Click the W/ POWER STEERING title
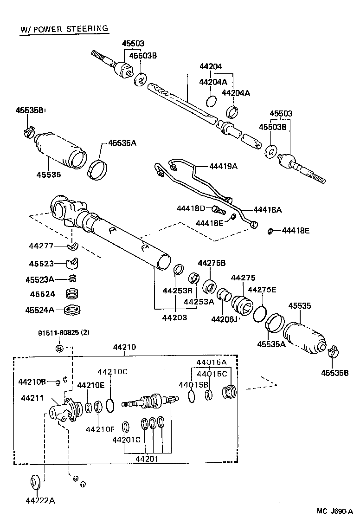point(64,29)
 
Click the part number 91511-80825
point(58,333)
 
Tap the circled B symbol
point(59,348)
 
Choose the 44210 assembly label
point(124,347)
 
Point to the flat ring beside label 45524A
point(72,309)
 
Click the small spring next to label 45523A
point(72,278)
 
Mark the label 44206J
point(225,319)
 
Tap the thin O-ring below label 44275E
point(260,314)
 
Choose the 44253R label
point(177,291)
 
